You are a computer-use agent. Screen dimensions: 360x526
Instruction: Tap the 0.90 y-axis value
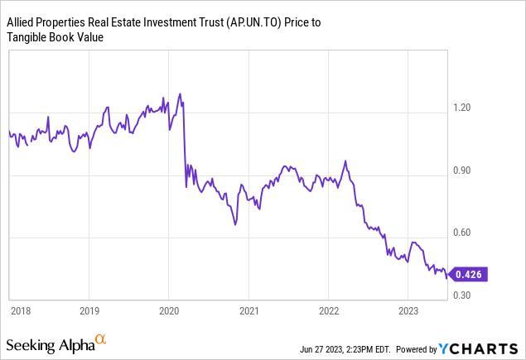pyautogui.click(x=463, y=170)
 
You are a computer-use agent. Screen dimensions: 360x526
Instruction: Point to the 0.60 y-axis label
pyautogui.click(x=463, y=233)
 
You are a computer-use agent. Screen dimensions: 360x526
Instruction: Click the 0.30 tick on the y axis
pyautogui.click(x=463, y=295)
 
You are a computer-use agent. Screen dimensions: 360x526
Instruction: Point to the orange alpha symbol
pyautogui.click(x=100, y=338)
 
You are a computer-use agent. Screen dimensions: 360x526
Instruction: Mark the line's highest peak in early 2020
pyautogui.click(x=180, y=94)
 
